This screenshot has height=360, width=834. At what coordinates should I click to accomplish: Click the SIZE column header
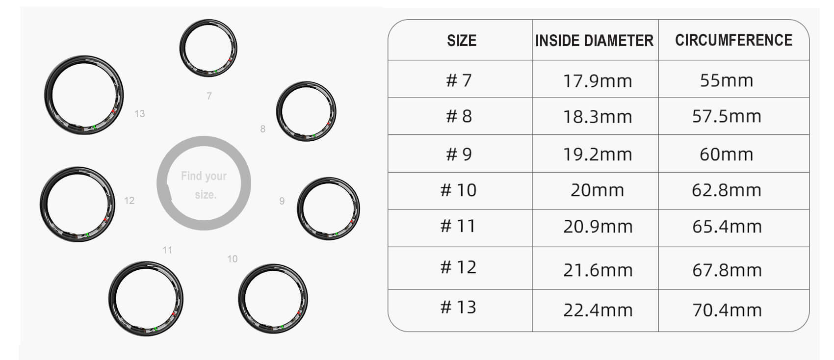pyautogui.click(x=462, y=41)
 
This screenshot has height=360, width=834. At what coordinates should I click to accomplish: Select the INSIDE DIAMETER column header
pyautogui.click(x=594, y=41)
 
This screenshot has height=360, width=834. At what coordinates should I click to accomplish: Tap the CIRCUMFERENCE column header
pyautogui.click(x=733, y=40)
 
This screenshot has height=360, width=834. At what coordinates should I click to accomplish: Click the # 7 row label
pyautogui.click(x=459, y=80)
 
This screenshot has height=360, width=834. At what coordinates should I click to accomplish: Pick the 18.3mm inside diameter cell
pyautogui.click(x=598, y=117)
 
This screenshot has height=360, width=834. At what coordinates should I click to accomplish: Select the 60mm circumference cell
pyautogui.click(x=727, y=154)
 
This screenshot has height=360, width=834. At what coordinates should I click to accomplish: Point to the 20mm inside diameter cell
pyautogui.click(x=597, y=190)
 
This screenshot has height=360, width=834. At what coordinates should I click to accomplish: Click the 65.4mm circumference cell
pyautogui.click(x=727, y=227)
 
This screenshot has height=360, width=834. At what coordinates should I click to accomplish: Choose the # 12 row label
pyautogui.click(x=458, y=267)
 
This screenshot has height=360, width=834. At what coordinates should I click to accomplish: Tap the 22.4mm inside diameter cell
pyautogui.click(x=598, y=310)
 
